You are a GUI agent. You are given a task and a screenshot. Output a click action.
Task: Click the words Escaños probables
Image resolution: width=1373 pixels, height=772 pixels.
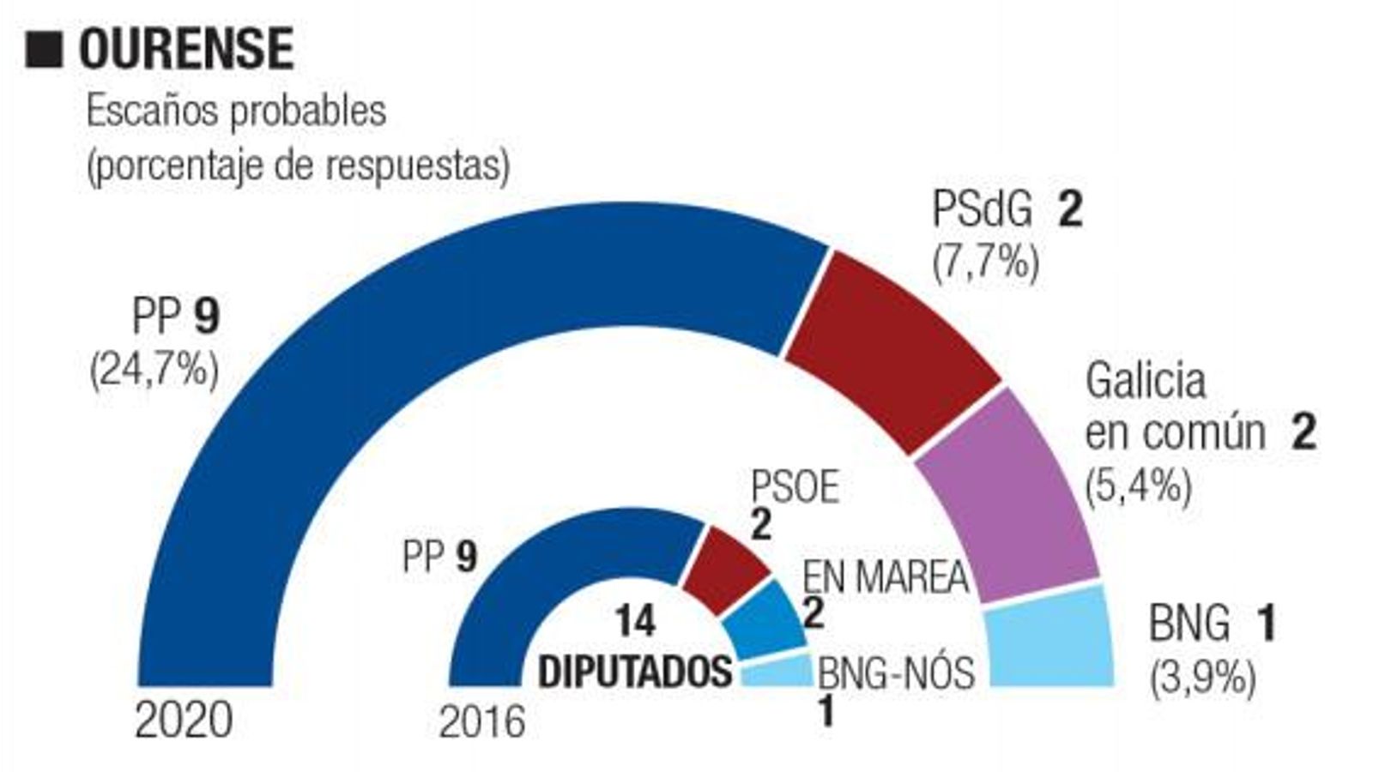coord(236,112)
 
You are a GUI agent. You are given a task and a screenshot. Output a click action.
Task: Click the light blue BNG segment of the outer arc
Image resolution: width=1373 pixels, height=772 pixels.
coord(1051,639)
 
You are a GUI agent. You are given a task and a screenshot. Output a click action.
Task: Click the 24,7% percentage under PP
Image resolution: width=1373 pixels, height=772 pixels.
coord(154,371)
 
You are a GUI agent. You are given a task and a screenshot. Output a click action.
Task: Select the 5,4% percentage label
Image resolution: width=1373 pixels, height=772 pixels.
coord(1139,487)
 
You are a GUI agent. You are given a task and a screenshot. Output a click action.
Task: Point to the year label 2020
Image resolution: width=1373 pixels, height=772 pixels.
coord(184,721)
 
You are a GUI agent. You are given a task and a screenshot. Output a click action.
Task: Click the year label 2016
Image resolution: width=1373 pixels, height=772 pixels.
coord(481,722)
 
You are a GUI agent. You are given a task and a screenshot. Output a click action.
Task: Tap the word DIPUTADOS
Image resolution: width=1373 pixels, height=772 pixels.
coord(635,671)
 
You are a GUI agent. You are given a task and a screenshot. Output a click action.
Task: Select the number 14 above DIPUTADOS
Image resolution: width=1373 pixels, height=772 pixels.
coord(635,620)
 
